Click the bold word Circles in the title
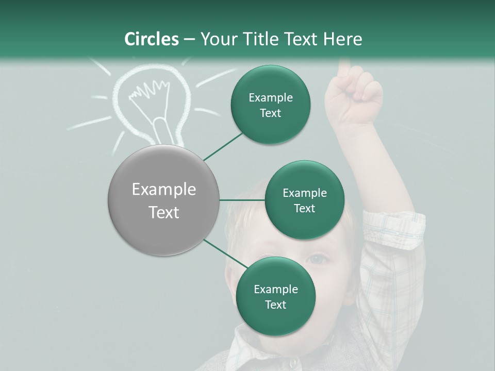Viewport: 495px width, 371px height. tap(151, 39)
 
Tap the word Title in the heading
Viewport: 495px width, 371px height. tap(259, 39)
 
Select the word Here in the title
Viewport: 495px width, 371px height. tap(342, 39)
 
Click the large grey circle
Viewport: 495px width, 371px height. tap(164, 200)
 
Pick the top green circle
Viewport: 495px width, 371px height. tap(270, 105)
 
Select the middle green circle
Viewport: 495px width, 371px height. tap(304, 200)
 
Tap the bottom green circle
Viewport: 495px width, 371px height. tap(275, 296)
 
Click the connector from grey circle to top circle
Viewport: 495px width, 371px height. tap(223, 146)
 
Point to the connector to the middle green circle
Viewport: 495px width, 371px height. tap(242, 200)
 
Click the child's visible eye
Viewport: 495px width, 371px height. tap(319, 259)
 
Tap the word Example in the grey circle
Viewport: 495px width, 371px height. tap(164, 190)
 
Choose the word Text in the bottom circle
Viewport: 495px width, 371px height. tap(275, 305)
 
